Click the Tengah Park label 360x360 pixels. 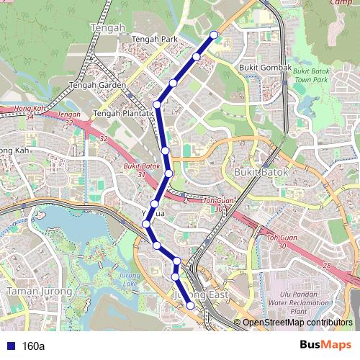point(155,39)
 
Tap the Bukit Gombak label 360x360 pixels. point(265,68)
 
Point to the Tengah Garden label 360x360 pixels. point(97,84)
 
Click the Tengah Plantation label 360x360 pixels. point(124,113)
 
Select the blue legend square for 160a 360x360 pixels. point(10,346)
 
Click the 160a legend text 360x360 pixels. point(34,346)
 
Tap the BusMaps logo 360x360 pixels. point(325,346)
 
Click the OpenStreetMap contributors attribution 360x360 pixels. point(297,323)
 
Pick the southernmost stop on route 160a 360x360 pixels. point(191,305)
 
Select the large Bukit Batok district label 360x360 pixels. point(261,173)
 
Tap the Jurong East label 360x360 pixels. point(201,295)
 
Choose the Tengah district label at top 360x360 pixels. point(108,27)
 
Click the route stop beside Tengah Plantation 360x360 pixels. point(157,105)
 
